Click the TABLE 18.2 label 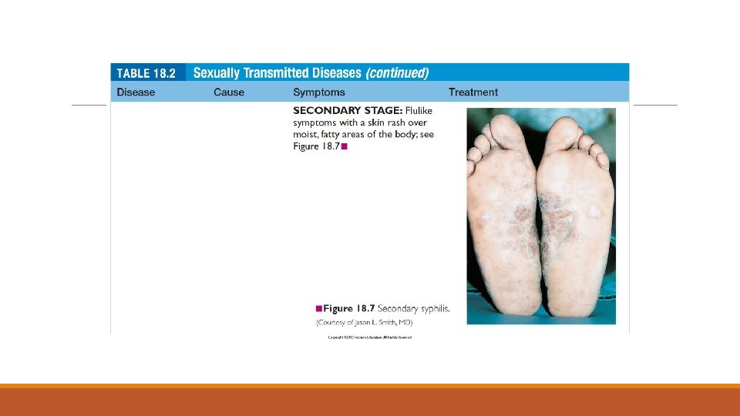coord(146,73)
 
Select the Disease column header coord(136,92)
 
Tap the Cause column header coord(229,92)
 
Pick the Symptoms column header coord(319,92)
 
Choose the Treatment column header coord(473,92)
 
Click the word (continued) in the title coord(397,73)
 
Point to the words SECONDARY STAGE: coord(343,110)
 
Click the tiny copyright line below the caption coord(370,337)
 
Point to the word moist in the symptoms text coord(306,135)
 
